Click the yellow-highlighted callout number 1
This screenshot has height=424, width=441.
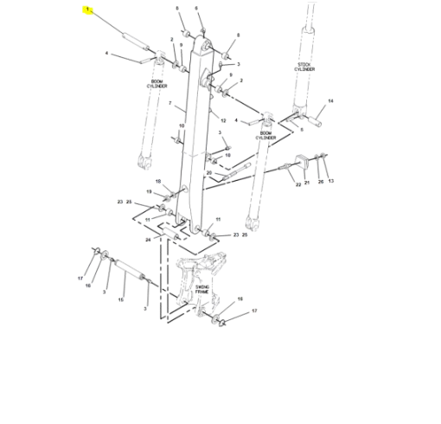(87, 10)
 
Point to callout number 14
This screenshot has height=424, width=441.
(329, 101)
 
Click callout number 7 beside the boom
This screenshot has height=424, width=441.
(170, 104)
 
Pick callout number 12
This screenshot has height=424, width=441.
(223, 120)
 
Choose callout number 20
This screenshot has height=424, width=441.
(208, 173)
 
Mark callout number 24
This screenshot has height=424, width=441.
(148, 238)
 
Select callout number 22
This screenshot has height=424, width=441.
(297, 184)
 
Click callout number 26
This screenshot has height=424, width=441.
(319, 182)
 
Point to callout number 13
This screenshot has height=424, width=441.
(330, 182)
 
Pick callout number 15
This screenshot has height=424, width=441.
(121, 299)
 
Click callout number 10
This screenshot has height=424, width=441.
(182, 126)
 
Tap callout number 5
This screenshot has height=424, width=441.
(301, 130)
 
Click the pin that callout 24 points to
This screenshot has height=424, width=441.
(176, 235)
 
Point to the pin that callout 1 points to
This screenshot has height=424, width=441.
(131, 40)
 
